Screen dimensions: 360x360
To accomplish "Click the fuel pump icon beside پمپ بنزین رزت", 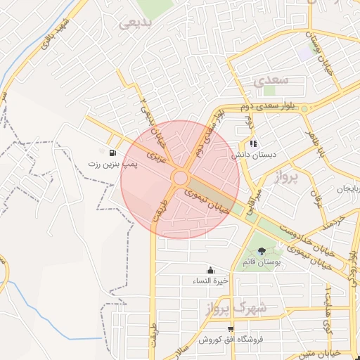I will pos(112,152).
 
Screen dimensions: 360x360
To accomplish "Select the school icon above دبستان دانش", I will pos(254,143).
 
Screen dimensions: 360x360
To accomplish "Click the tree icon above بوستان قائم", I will pos(262,251).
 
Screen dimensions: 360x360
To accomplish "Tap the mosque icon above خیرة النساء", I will pos(210,271).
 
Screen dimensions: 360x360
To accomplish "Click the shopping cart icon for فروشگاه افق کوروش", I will pos(230,329).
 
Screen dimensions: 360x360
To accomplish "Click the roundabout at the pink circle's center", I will pos(180,177).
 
